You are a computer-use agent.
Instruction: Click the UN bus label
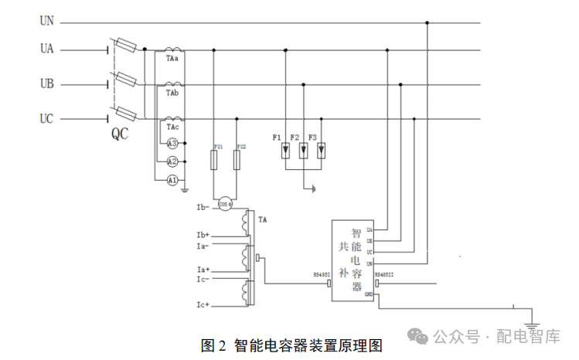[47, 22]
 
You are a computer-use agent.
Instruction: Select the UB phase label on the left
[47, 83]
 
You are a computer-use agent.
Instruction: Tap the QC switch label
[120, 134]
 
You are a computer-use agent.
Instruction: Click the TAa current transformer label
[172, 59]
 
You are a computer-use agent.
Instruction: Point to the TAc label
[172, 127]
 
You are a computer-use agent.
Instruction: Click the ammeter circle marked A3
[172, 144]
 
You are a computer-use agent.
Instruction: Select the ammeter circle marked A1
[172, 179]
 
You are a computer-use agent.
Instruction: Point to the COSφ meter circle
[225, 204]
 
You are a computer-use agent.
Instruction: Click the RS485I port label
[320, 273]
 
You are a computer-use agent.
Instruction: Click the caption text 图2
[213, 345]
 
